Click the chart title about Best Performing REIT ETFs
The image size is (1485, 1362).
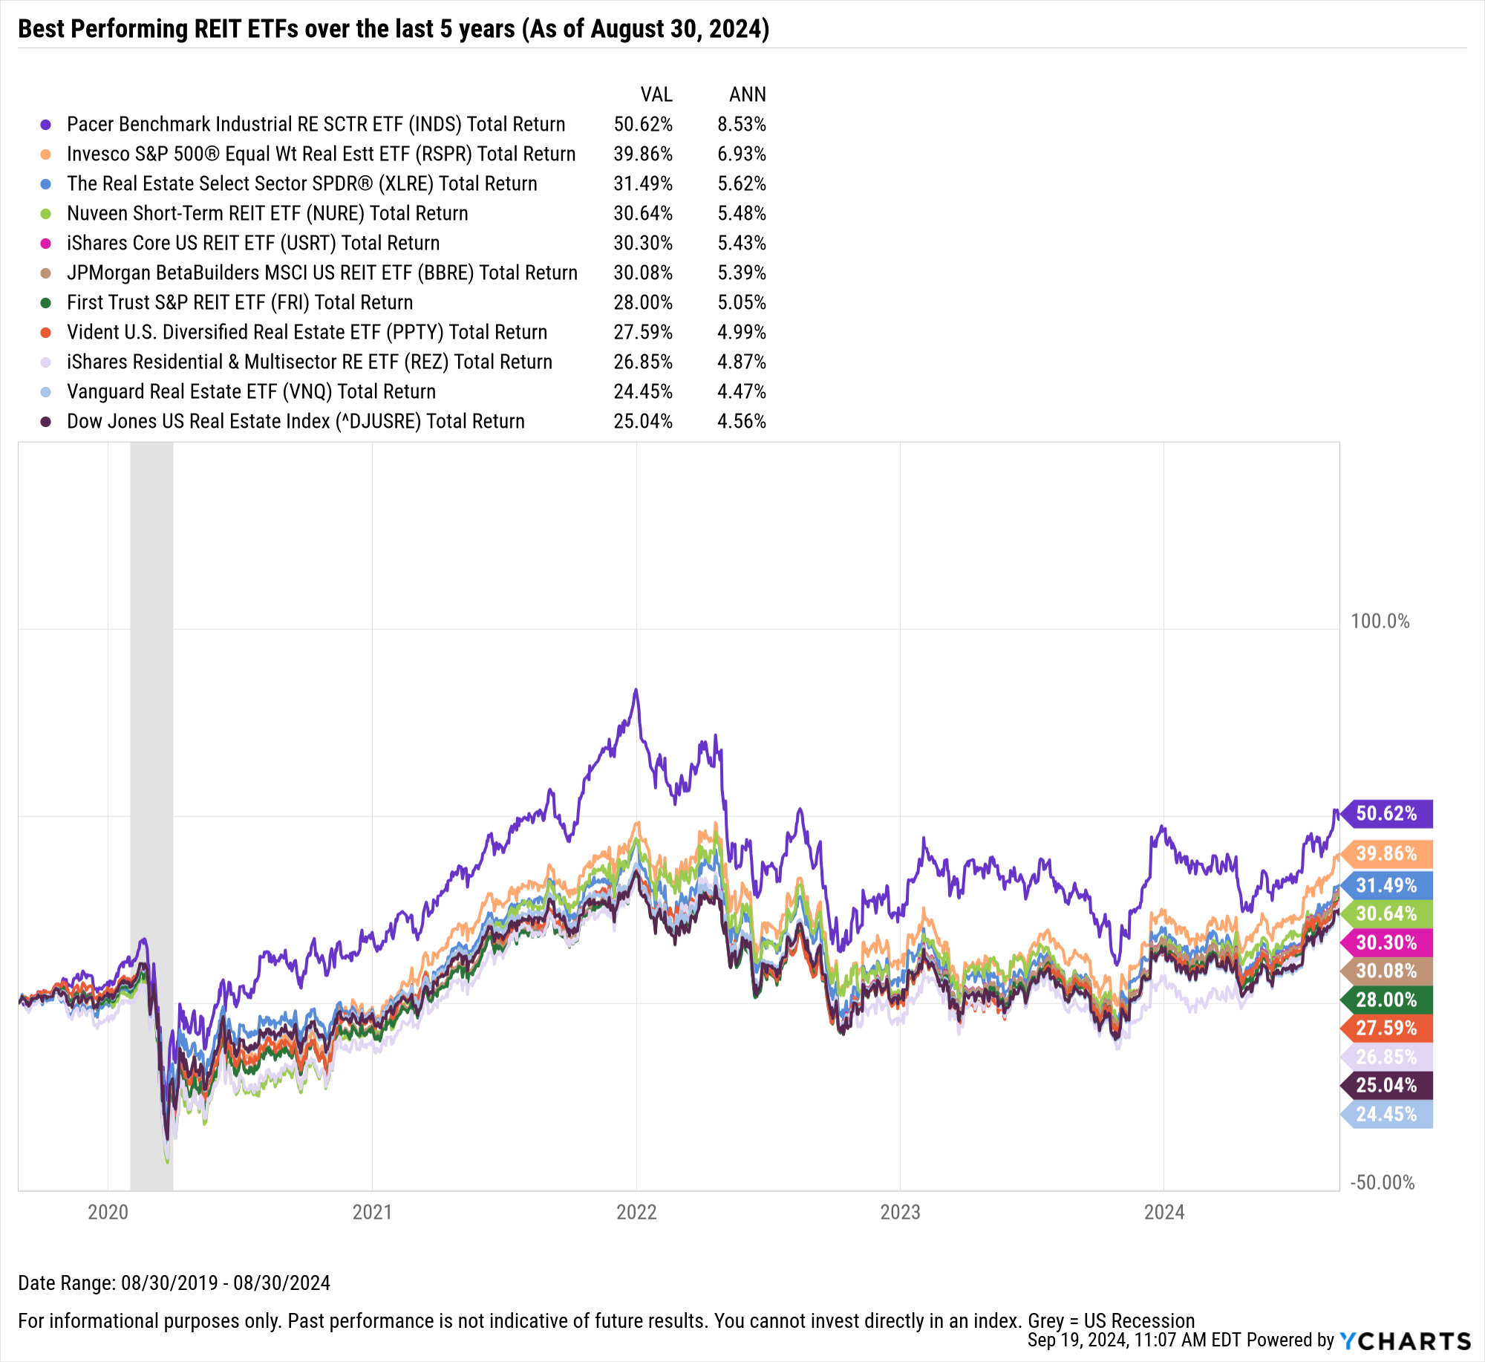click(394, 29)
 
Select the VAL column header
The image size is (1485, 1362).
click(656, 94)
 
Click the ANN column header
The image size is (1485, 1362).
click(747, 94)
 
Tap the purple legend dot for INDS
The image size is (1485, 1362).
click(46, 125)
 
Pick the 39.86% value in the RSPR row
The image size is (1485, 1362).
click(643, 154)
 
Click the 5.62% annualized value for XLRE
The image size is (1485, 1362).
click(741, 183)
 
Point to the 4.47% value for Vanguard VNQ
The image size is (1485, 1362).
click(741, 391)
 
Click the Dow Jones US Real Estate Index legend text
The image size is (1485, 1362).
click(296, 421)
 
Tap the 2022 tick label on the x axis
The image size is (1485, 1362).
click(636, 1213)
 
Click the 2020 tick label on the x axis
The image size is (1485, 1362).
click(108, 1213)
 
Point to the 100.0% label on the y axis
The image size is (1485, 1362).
click(1380, 621)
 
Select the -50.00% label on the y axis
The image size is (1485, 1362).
click(1382, 1182)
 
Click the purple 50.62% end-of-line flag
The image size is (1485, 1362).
click(1386, 813)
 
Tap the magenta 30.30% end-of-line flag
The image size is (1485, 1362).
click(1386, 942)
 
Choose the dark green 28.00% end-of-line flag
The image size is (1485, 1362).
click(1386, 1000)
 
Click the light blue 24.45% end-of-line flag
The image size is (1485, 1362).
click(1386, 1114)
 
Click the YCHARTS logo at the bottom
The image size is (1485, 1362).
click(1406, 1341)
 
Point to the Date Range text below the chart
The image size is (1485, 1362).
click(174, 1283)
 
